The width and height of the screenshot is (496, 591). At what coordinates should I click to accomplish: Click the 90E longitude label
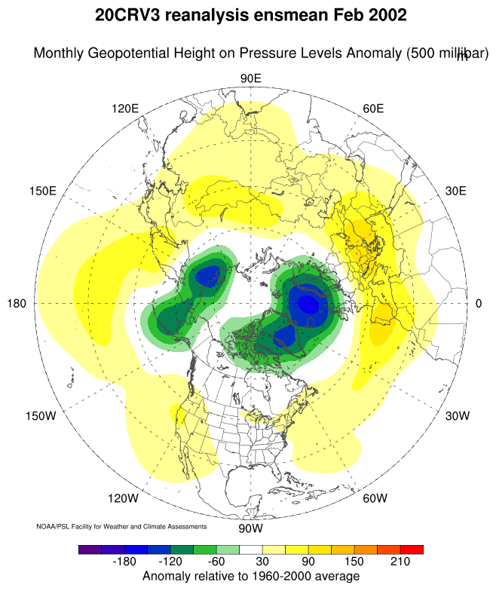click(x=250, y=78)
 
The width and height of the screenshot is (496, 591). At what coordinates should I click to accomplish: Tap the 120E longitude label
click(x=125, y=108)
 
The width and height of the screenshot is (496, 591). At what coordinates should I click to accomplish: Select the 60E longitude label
click(x=374, y=108)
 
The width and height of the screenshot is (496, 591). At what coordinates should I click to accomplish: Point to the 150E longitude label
click(x=42, y=191)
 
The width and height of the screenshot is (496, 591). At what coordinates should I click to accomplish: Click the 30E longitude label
click(x=456, y=191)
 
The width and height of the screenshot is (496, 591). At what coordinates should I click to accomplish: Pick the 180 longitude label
click(x=17, y=303)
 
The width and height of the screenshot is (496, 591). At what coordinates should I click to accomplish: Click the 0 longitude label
click(x=479, y=303)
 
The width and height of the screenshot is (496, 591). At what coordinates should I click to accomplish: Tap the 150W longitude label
click(x=41, y=415)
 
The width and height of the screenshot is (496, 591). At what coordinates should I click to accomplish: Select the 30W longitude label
click(x=457, y=415)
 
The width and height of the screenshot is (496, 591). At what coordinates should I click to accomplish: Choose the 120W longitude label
click(x=123, y=498)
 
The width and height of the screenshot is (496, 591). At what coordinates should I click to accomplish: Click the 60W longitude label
click(x=375, y=498)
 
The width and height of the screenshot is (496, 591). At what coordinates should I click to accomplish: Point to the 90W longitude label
click(x=250, y=527)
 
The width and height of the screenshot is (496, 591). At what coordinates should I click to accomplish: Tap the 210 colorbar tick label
click(x=400, y=562)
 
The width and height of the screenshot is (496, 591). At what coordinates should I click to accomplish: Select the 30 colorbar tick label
click(x=262, y=562)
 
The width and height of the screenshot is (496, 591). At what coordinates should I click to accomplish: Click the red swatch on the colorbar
click(x=412, y=550)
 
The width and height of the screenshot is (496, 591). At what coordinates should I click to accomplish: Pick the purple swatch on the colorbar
click(x=90, y=550)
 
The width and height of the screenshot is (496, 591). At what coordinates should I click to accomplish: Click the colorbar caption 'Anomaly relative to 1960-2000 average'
click(x=250, y=577)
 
